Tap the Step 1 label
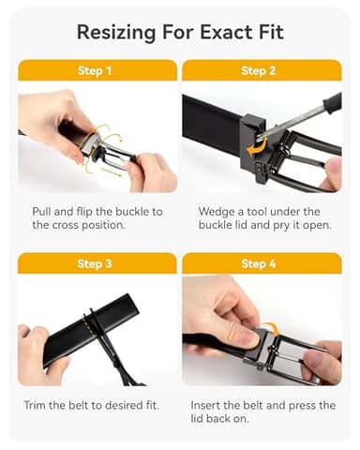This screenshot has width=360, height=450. click(97, 70)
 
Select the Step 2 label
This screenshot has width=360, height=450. click(261, 70)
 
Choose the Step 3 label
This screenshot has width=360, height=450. click(97, 263)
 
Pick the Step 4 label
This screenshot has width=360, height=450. click(261, 263)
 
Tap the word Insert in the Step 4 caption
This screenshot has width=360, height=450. click(216, 405)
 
